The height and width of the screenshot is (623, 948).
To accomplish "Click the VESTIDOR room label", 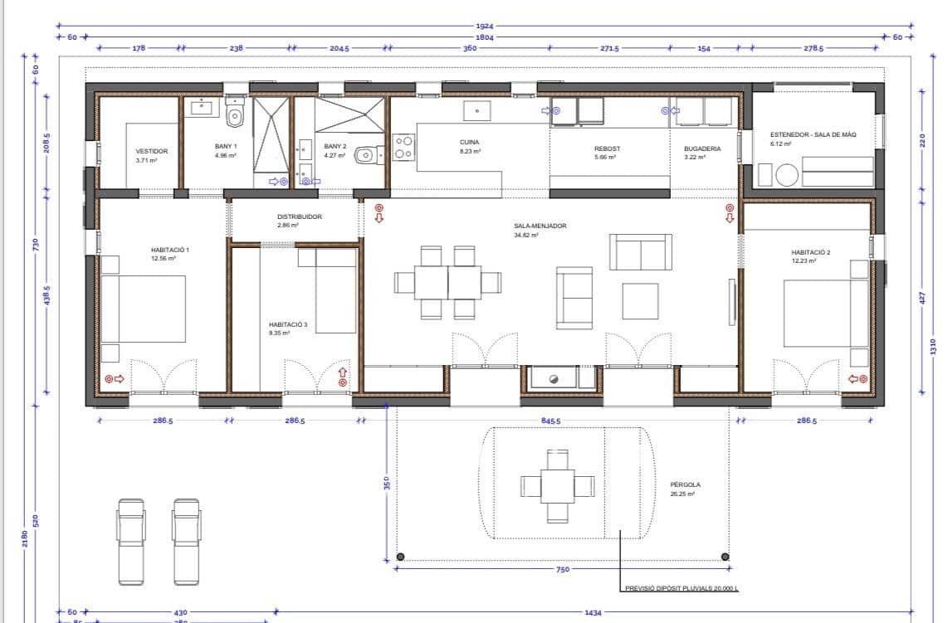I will (x=152, y=151).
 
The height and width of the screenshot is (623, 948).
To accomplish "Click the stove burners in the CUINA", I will (x=403, y=147).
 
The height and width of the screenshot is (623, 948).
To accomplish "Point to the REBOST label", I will (x=607, y=149).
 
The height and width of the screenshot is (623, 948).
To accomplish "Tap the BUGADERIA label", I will (x=702, y=149).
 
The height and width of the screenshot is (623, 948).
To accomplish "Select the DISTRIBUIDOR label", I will (x=300, y=217).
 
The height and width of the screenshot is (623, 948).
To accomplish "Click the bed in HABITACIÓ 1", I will (x=143, y=308).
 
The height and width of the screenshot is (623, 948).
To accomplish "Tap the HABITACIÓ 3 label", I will (x=288, y=325).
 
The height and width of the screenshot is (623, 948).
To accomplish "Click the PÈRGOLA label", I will (x=685, y=485).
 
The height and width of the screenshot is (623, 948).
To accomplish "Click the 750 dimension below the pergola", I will (x=562, y=569).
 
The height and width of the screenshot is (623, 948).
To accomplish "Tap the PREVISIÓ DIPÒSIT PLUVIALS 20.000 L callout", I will (x=680, y=589).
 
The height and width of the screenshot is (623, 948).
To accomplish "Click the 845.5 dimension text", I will (x=550, y=421).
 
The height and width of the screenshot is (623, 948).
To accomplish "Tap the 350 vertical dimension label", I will (x=386, y=482).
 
